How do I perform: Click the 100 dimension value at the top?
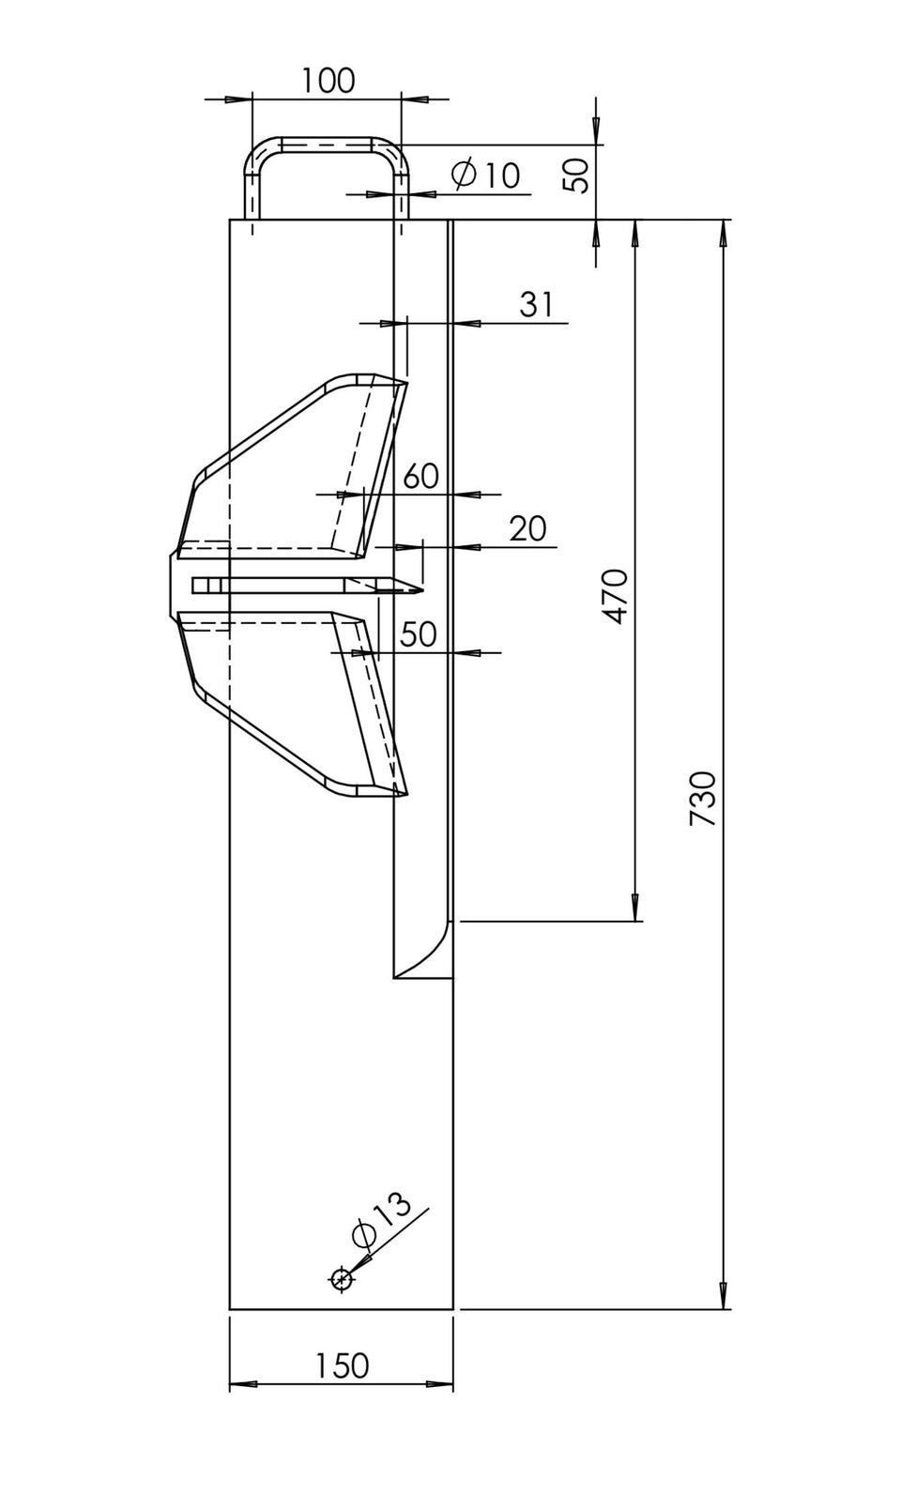click(328, 81)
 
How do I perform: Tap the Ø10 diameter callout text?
click(485, 175)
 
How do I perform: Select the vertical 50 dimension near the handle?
click(577, 175)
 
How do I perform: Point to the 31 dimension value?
click(536, 304)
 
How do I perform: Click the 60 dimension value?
click(420, 476)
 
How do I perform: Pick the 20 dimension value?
click(527, 528)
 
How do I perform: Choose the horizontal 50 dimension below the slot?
click(419, 634)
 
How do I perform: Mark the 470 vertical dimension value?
click(615, 596)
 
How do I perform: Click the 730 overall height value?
click(702, 799)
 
